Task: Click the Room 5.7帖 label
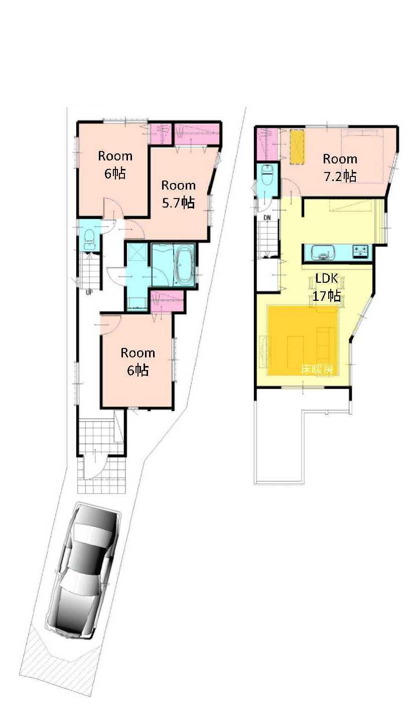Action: pyautogui.click(x=178, y=194)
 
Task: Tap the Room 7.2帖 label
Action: pyautogui.click(x=340, y=167)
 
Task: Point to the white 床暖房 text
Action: pyautogui.click(x=316, y=370)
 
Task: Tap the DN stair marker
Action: pyautogui.click(x=267, y=217)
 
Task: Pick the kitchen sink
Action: pyautogui.click(x=322, y=252)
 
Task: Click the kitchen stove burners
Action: pyautogui.click(x=360, y=251)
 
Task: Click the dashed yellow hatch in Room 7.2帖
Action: pyautogui.click(x=298, y=147)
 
